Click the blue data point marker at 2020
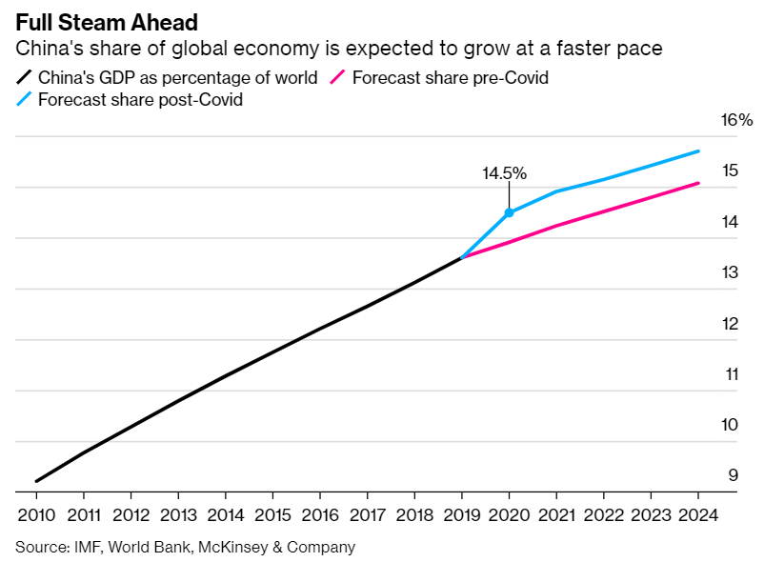click(509, 212)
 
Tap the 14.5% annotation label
click(504, 173)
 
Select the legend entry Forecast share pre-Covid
click(450, 77)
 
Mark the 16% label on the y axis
click(737, 120)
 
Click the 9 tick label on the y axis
click(733, 475)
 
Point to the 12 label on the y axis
click(732, 323)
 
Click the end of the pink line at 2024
click(699, 183)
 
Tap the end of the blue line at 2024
click(699, 151)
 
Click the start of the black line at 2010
click(36, 481)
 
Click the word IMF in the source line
click(83, 547)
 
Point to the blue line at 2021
click(556, 191)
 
